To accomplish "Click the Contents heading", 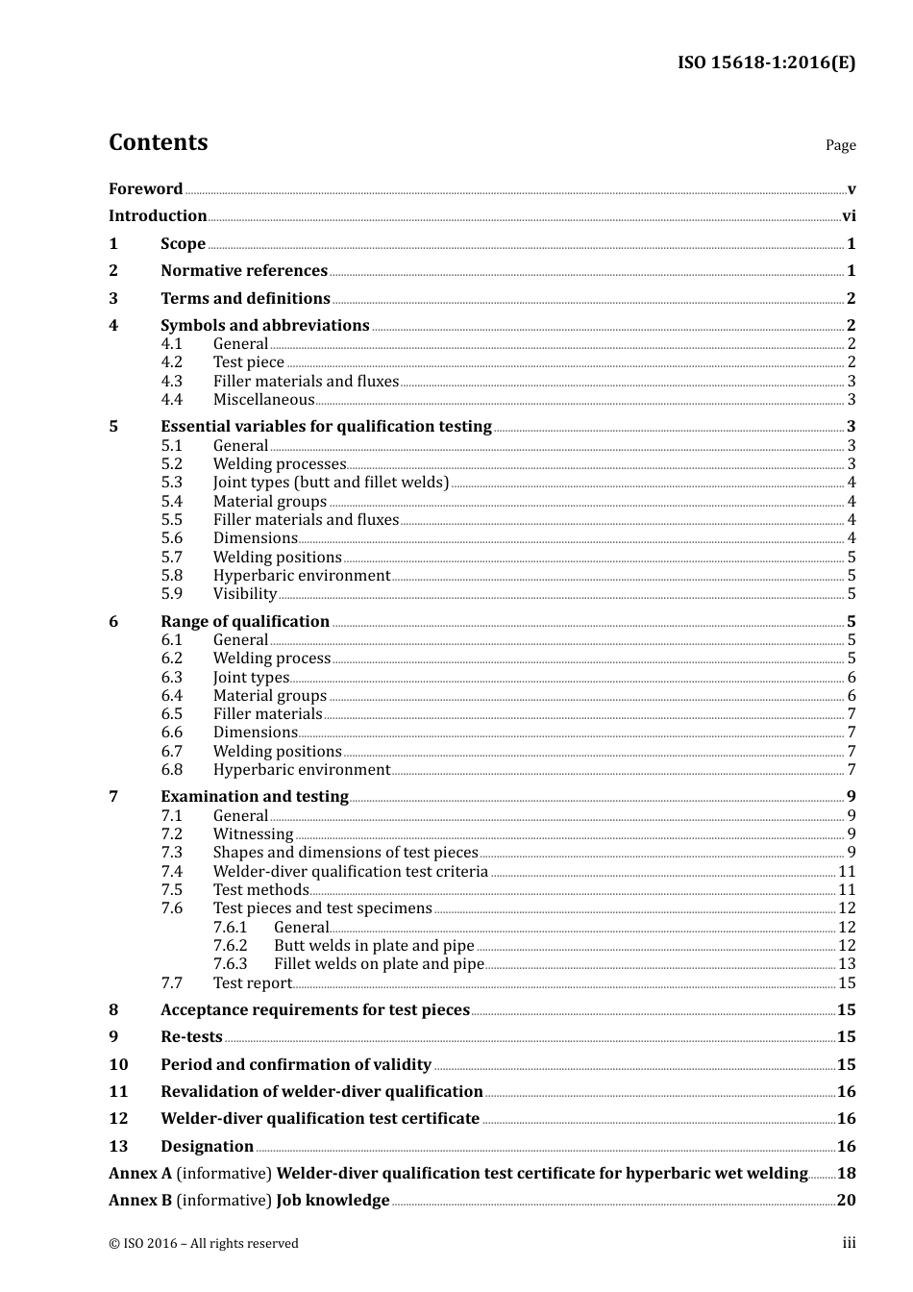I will pyautogui.click(x=158, y=142).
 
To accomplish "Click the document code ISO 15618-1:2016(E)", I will pyautogui.click(x=766, y=63).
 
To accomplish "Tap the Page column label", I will pyautogui.click(x=840, y=145).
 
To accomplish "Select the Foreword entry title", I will pyautogui.click(x=145, y=189).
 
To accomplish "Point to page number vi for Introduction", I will pyautogui.click(x=849, y=216).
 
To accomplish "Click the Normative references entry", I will pyautogui.click(x=244, y=271).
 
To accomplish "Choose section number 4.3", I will pyautogui.click(x=171, y=382).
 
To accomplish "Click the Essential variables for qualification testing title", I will pyautogui.click(x=326, y=427).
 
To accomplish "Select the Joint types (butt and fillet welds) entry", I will pyautogui.click(x=331, y=483).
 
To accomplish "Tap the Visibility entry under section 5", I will pyautogui.click(x=244, y=594).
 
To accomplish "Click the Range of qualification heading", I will pyautogui.click(x=245, y=622).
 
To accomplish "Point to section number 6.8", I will pyautogui.click(x=171, y=770).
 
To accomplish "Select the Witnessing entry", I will pyautogui.click(x=253, y=834).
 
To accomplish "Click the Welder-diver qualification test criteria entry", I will pyautogui.click(x=350, y=872).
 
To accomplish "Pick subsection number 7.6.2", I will pyautogui.click(x=230, y=946).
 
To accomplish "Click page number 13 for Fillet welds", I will pyautogui.click(x=847, y=964).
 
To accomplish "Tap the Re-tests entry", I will pyautogui.click(x=191, y=1037).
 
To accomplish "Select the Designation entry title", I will pyautogui.click(x=207, y=1147).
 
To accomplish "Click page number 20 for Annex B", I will pyautogui.click(x=846, y=1201).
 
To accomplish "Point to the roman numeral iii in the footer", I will pyautogui.click(x=849, y=1243).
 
